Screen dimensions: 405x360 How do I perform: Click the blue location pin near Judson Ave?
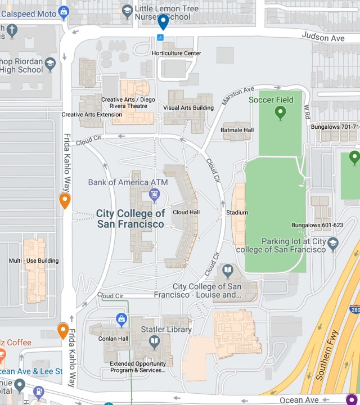tap(163, 22)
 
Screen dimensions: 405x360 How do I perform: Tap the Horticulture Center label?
tap(176, 53)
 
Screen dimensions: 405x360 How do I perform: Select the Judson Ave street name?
tap(323, 37)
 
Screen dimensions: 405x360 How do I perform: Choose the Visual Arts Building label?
tap(188, 107)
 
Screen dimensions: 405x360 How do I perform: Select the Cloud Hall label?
tap(186, 213)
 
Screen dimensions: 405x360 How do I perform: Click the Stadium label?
tap(237, 213)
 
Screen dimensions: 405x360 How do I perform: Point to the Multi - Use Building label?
tap(34, 261)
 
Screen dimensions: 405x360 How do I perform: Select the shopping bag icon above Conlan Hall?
tap(121, 319)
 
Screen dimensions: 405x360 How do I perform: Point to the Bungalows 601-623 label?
tap(317, 225)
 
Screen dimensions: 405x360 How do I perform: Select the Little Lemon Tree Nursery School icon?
tap(128, 10)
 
